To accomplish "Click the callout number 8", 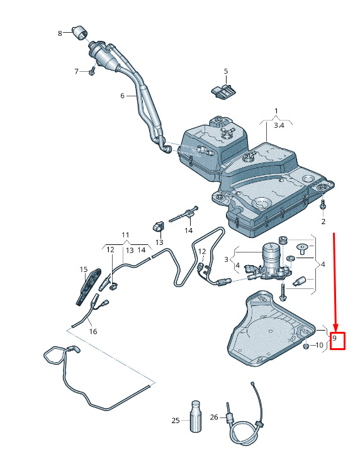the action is [x=60, y=33].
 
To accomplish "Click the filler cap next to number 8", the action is [x=79, y=33].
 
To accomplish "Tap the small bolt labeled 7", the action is [x=92, y=71].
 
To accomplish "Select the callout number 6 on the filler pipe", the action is [x=122, y=96].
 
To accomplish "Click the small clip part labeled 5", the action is [x=223, y=91].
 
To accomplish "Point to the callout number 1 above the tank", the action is [x=276, y=111].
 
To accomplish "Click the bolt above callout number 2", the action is [x=323, y=205].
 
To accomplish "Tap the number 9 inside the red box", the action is [x=334, y=338].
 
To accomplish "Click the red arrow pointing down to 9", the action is [x=335, y=281].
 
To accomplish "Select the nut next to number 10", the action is [x=306, y=346].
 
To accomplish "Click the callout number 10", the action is [x=319, y=346].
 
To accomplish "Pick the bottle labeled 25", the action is [x=196, y=416].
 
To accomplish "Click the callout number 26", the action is [x=214, y=417].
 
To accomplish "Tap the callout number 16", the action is [x=93, y=331].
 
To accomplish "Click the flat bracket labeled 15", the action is [x=89, y=287].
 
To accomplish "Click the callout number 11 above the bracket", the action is [x=125, y=235].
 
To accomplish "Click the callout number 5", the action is [x=226, y=71].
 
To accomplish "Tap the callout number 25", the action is [x=176, y=421].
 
